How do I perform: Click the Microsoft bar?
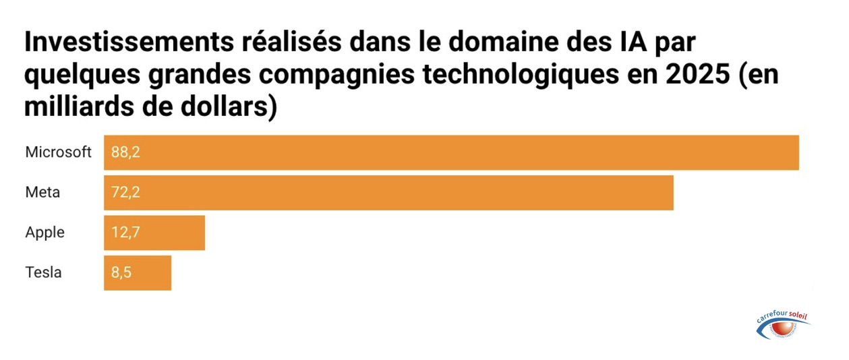pos(451,152)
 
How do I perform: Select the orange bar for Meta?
pos(388,193)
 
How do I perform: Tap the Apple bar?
pos(154,233)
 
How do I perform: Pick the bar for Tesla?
pos(138,273)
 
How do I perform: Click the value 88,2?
pos(125,152)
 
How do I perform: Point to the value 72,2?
pos(125,193)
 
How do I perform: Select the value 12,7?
pos(125,233)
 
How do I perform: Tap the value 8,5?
pos(121,273)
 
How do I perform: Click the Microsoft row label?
pos(58,152)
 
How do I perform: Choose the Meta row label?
pos(42,193)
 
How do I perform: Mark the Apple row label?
pos(45,233)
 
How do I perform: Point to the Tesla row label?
pos(43,273)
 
